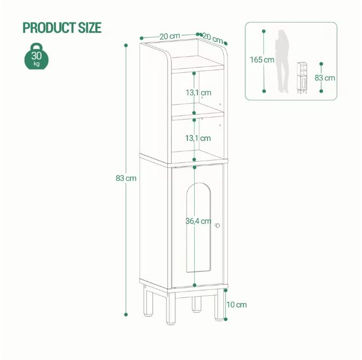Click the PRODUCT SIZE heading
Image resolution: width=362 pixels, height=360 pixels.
coord(62,27)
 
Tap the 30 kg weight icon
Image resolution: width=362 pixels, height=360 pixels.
coord(36,57)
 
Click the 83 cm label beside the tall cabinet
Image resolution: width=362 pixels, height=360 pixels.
coord(126,178)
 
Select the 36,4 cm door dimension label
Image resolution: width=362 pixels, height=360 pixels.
coord(198,221)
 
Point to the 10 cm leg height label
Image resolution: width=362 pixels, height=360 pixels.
coord(236,305)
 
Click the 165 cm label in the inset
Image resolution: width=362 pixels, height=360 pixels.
coord(262,59)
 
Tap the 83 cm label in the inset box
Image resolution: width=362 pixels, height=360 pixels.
coord(325,78)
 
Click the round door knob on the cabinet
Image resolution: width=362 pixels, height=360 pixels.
coord(218,226)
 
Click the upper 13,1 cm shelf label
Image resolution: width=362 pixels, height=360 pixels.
coord(198,93)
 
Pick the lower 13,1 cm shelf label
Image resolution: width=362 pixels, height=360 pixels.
coord(198,138)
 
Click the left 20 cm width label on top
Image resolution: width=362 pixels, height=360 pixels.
coord(169,36)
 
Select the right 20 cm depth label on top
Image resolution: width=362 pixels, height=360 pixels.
coord(212,39)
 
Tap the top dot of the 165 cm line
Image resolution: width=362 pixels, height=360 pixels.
coord(264,30)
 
